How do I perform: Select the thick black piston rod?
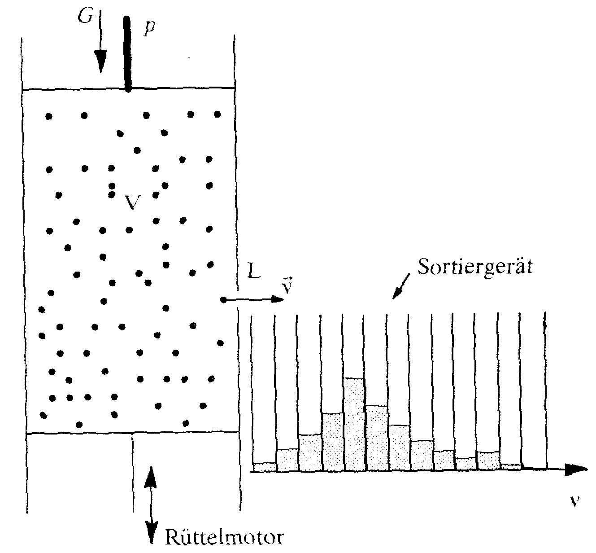click(127, 54)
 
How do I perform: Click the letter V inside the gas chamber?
click(131, 203)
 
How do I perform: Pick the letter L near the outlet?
click(253, 272)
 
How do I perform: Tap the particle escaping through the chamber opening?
click(223, 300)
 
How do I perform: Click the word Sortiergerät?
click(474, 268)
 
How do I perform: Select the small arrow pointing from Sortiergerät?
click(400, 288)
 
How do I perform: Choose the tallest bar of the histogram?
click(354, 424)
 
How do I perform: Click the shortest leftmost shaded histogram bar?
click(264, 467)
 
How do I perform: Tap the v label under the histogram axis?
click(573, 502)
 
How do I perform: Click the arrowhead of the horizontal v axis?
click(579, 470)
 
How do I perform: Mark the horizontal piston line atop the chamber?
click(179, 88)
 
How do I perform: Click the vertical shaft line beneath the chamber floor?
click(133, 471)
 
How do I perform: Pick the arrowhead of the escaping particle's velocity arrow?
click(278, 300)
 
